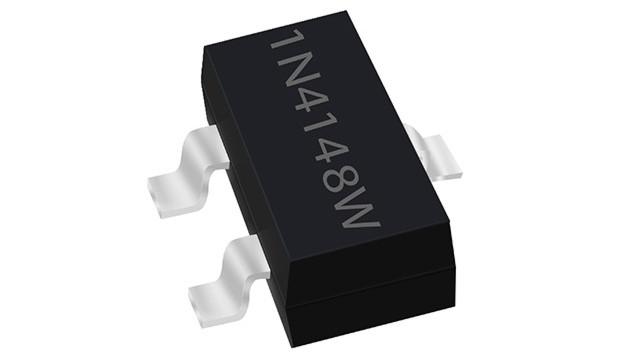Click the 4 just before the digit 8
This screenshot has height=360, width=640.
331,153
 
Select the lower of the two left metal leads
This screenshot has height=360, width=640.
229,282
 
